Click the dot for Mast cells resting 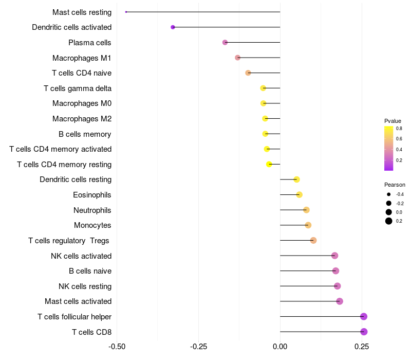coord(126,12)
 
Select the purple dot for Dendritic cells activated coord(173,27)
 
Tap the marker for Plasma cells coord(225,42)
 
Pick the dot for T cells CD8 coord(364,332)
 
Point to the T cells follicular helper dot coord(364,316)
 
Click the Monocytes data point coord(308,225)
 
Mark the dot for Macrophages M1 coord(237,58)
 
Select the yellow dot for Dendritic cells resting coord(296,179)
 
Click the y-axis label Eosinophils coord(92,195)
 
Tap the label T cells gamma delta coord(78,88)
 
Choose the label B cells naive coord(90,271)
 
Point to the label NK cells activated coord(81,256)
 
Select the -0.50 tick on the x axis coord(117,346)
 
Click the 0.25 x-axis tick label coord(362,346)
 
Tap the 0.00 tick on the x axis coord(280,346)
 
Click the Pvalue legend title coord(393,121)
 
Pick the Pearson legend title coord(395,185)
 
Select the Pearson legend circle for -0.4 coord(389,194)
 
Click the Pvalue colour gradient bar coord(389,148)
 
